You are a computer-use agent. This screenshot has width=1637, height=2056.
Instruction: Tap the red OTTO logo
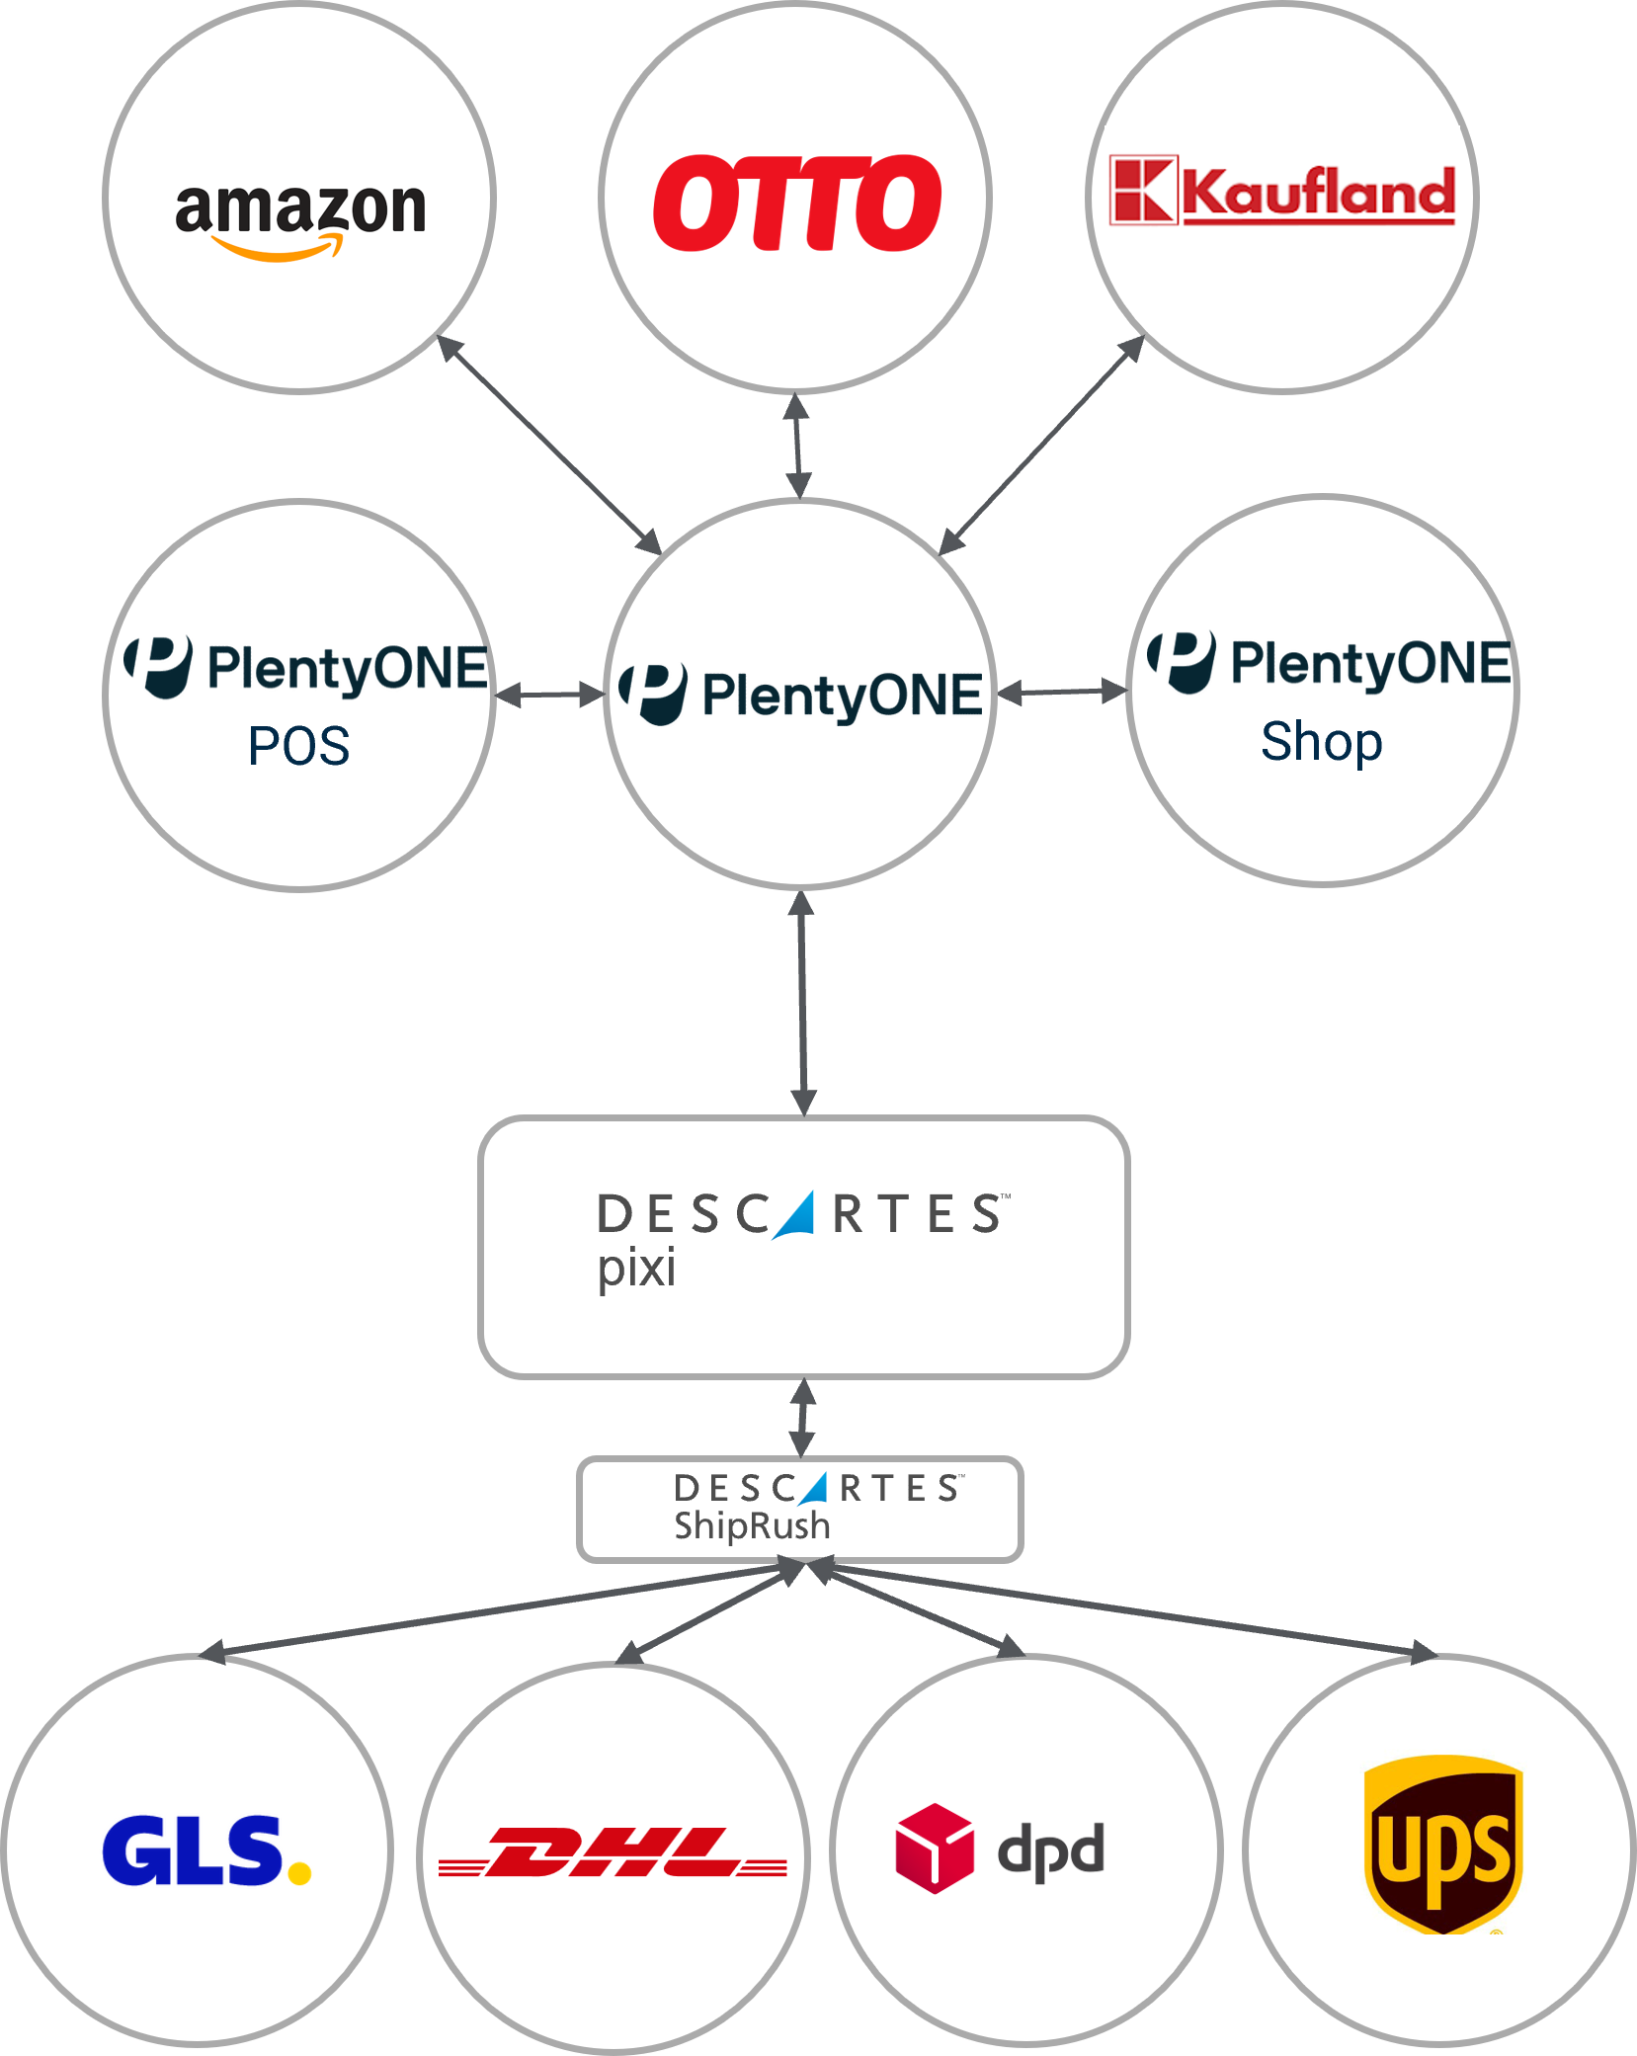(796, 203)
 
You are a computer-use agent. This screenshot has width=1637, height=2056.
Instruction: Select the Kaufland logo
(1282, 191)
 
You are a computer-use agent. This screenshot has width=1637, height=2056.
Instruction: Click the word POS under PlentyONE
(298, 746)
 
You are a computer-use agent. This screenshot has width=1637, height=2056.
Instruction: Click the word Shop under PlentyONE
(1321, 741)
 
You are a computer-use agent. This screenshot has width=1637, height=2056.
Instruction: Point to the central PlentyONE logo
(800, 694)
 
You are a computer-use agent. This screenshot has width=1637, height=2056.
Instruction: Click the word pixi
(636, 1268)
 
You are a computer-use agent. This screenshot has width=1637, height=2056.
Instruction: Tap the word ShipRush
(752, 1525)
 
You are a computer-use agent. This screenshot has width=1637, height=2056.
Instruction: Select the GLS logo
(206, 1850)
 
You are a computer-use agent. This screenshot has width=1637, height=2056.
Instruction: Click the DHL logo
(613, 1851)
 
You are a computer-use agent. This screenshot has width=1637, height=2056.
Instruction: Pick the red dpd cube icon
(934, 1848)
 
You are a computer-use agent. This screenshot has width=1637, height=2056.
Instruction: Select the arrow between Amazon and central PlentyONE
(549, 445)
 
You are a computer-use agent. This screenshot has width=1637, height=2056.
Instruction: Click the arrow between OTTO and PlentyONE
(797, 446)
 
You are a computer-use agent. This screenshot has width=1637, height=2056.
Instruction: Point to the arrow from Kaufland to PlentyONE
(1041, 446)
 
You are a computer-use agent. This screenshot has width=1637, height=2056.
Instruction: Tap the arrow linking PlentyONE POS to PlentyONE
(549, 697)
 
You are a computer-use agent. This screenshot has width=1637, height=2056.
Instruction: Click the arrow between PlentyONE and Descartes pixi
(802, 1003)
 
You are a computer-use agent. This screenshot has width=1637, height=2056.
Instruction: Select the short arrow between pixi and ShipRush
(803, 1417)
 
